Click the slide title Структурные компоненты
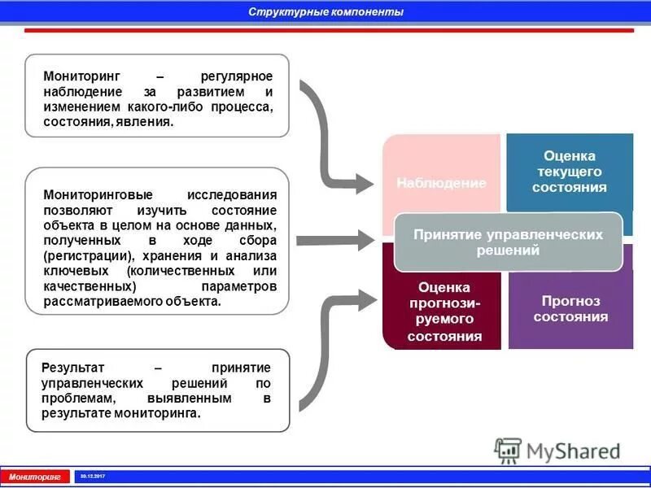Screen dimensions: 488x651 click(325, 12)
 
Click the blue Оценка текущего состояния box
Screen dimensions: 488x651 click(570, 171)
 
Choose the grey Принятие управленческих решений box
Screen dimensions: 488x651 click(508, 242)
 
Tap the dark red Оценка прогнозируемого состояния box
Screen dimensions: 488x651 click(443, 313)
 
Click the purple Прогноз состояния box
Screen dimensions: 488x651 click(570, 310)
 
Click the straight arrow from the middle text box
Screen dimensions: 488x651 click(334, 240)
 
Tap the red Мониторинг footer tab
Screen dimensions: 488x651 click(35, 476)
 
